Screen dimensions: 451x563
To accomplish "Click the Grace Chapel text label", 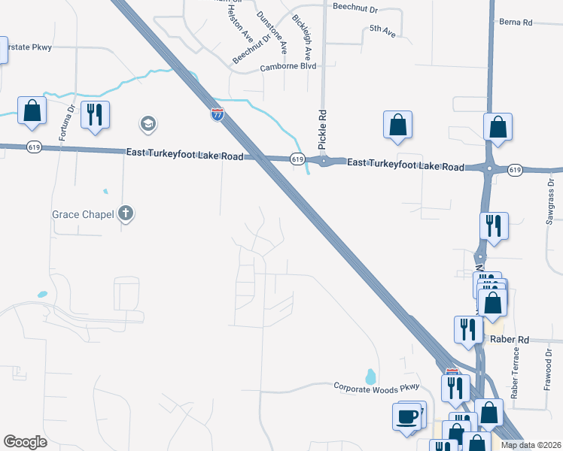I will [83, 214].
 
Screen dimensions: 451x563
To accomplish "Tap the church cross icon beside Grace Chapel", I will [126, 214].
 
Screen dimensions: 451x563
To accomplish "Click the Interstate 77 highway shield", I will [218, 114].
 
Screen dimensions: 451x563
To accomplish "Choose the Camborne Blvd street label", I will [288, 66].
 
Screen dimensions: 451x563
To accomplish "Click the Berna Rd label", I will [516, 23].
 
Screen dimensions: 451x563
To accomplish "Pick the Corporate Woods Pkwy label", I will [375, 386].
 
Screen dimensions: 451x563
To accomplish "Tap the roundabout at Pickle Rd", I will [324, 161].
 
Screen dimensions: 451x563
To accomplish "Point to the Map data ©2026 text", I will [531, 445].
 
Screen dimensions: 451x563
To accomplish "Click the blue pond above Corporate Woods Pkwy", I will [370, 374].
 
